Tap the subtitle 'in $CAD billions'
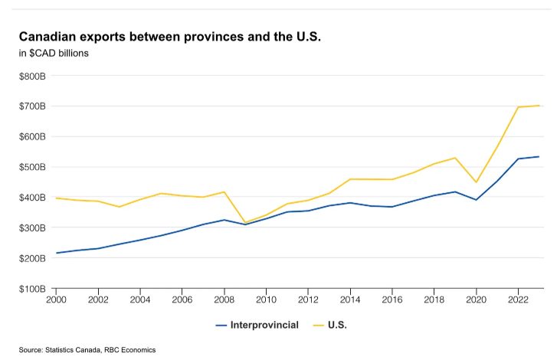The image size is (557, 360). point(54,53)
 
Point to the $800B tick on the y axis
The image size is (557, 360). point(32,76)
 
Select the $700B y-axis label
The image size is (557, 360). point(32,106)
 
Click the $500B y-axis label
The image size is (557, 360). point(32,167)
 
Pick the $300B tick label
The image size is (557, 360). point(32,227)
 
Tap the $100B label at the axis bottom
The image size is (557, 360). point(32,289)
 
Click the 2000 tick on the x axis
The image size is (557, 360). point(57,299)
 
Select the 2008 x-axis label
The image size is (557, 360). point(224,299)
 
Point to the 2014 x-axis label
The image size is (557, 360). point(349,299)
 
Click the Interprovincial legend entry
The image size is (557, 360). point(257,326)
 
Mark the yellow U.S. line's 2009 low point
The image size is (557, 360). point(245,223)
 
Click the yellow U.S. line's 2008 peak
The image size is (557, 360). point(224,191)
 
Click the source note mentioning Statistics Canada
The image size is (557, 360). point(87,349)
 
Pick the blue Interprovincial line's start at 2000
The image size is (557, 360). point(57,253)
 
